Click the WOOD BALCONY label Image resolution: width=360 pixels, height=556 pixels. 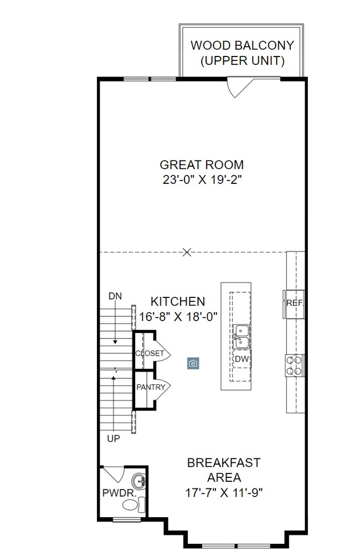tap(242, 45)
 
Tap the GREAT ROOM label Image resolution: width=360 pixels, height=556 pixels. tap(202, 165)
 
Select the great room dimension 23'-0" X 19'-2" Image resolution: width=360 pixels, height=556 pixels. tap(202, 179)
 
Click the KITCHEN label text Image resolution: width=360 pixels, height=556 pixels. tap(178, 302)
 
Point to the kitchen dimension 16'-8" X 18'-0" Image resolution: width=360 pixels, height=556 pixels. tap(178, 316)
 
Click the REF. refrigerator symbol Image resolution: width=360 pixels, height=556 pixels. tap(294, 303)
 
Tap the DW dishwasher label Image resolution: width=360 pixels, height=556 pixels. tap(241, 359)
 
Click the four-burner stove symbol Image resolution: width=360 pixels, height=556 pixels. tap(294, 365)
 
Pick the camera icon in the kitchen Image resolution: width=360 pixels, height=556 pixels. tap(193, 363)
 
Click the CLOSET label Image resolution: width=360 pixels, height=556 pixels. tap(149, 353)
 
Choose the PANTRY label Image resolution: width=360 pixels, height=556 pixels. tap(151, 387)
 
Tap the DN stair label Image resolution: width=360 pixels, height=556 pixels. tap(115, 296)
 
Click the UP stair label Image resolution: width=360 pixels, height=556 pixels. tap(113, 439)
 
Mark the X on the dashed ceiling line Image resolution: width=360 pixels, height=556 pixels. tap(187, 253)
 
